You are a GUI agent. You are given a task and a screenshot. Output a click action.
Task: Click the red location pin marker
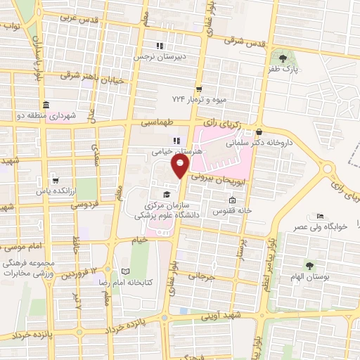click(181, 166)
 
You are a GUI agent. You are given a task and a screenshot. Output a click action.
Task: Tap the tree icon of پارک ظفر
click(283, 58)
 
